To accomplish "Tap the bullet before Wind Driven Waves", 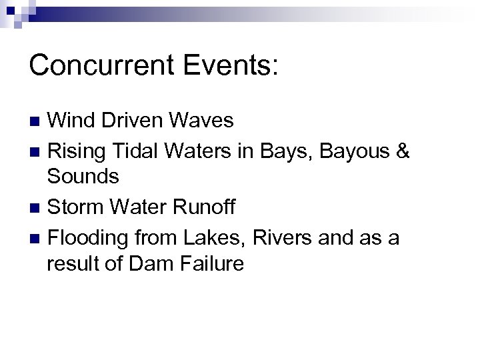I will click(37, 121).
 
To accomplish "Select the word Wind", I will click(71, 120).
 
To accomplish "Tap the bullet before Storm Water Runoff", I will click(37, 209).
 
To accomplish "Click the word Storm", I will click(77, 207).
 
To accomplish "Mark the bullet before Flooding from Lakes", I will click(37, 238).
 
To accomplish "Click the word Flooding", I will click(89, 238).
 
